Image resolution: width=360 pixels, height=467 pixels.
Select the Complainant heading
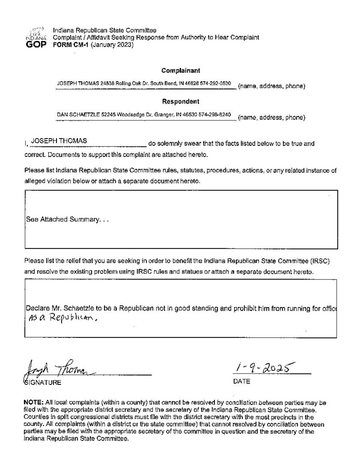click(x=180, y=71)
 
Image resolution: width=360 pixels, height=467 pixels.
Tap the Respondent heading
click(x=180, y=102)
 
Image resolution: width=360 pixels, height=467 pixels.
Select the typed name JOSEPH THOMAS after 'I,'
click(x=58, y=141)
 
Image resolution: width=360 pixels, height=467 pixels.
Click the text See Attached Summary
click(x=68, y=219)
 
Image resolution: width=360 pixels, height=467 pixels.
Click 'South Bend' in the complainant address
click(x=160, y=84)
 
